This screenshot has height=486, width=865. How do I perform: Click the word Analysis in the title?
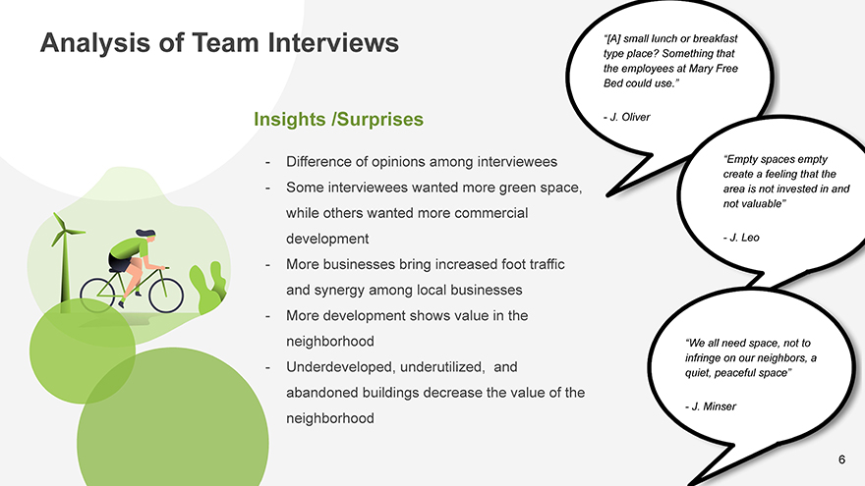pyautogui.click(x=95, y=43)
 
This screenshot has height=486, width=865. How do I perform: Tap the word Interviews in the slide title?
pyautogui.click(x=333, y=42)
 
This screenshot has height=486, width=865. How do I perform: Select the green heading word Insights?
pyautogui.click(x=290, y=120)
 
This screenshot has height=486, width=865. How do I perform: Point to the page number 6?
pyautogui.click(x=841, y=459)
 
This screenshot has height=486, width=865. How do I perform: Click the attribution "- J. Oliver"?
pyautogui.click(x=627, y=117)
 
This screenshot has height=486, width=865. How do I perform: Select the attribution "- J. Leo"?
pyautogui.click(x=741, y=238)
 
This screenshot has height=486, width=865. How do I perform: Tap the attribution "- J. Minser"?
pyautogui.click(x=711, y=406)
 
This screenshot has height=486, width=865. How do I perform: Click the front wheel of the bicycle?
pyautogui.click(x=166, y=296)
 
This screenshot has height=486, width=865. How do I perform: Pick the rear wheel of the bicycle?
pyautogui.click(x=97, y=296)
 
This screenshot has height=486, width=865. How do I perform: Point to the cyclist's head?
pyautogui.click(x=146, y=235)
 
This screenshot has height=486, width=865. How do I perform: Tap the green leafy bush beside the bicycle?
pyautogui.click(x=208, y=289)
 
